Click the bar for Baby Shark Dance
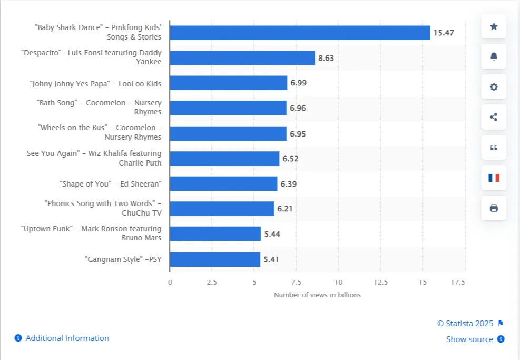pos(300,33)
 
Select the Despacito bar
pos(242,58)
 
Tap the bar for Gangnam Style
pos(215,259)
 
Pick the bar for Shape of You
pos(223,184)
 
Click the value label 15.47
pos(443,33)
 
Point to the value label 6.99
pos(298,83)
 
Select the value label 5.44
pos(272,234)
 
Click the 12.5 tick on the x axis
pos(380,283)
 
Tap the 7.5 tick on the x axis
pos(296,283)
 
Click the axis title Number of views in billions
pos(317,295)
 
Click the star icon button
pos(494,26)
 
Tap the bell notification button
pos(494,56)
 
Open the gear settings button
pos(494,87)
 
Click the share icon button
pos(494,117)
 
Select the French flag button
pos(494,178)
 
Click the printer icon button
pos(494,208)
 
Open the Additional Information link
pos(67,338)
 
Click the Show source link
pos(469,339)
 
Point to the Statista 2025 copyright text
pos(465,324)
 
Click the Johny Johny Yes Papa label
pos(95,84)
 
